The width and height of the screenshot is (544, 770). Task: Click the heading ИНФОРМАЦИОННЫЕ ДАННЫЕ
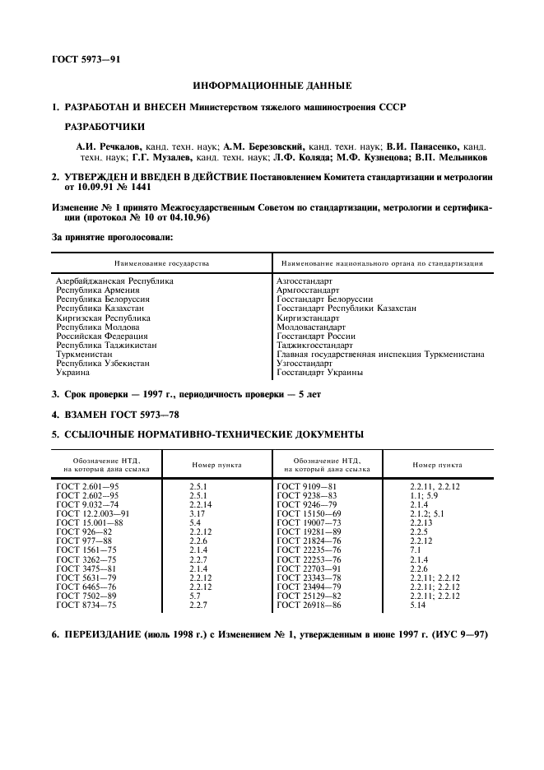[x=272, y=86]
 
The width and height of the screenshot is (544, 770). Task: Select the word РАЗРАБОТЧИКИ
[x=104, y=126]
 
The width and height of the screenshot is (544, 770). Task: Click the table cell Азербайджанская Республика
[x=114, y=281]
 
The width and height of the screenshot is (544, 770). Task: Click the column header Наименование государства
[x=162, y=263]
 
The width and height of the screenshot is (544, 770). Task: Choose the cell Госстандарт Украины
[x=319, y=372]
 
